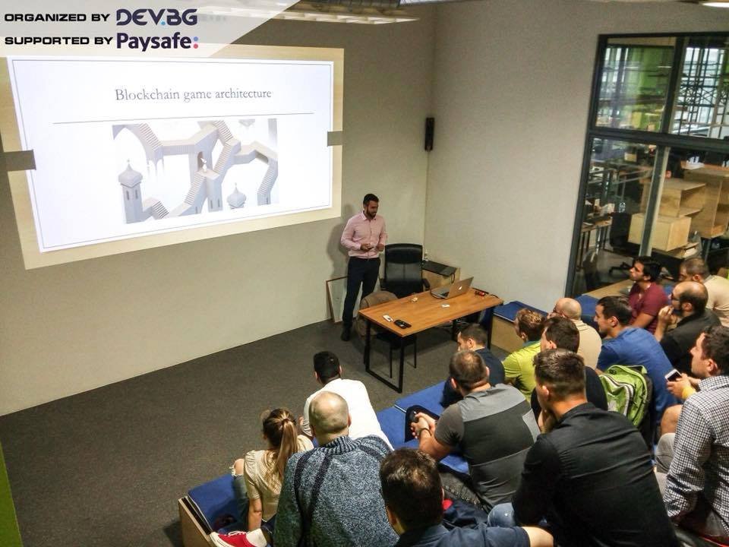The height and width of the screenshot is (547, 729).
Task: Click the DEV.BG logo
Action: coord(156,17)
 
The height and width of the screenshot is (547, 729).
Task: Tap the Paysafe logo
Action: coord(157,41)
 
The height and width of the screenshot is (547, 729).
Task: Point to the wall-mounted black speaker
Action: coord(429,134)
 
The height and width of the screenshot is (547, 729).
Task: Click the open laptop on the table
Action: coord(453,289)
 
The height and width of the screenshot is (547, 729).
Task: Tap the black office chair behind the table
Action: coord(402,270)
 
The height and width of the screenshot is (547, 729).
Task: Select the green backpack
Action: coord(625,394)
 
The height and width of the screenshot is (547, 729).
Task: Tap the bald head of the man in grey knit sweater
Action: coord(329,413)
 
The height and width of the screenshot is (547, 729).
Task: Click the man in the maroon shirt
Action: coord(646,293)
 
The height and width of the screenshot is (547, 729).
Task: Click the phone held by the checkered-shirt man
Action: coord(673,375)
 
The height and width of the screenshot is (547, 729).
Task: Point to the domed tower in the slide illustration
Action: coord(131,191)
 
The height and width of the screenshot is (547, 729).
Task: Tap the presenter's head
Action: coord(371,204)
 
